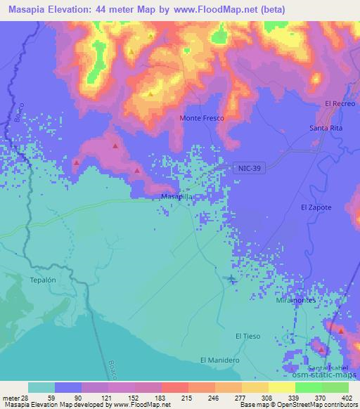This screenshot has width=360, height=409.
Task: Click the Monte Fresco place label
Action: click(202, 118)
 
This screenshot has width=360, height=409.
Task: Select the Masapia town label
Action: click(176, 197)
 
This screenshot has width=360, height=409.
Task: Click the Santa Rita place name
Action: click(326, 128)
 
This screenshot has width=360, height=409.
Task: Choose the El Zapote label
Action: click(315, 207)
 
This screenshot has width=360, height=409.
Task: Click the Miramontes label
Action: click(295, 300)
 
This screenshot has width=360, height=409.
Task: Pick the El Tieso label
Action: click(247, 336)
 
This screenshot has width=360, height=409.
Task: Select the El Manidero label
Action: click(220, 360)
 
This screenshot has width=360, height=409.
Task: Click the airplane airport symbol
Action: click(232, 280)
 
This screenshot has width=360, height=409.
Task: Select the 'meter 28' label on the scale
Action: click(14, 398)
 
